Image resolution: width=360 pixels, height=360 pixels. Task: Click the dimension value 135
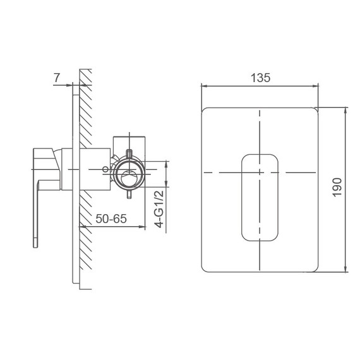[260, 78]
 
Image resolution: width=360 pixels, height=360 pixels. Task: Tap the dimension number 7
[57, 78]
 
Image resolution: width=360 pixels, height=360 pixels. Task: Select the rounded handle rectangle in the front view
[260, 196]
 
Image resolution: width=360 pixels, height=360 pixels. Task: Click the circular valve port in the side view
[129, 172]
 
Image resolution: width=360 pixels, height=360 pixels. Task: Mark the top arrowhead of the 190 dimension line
[345, 109]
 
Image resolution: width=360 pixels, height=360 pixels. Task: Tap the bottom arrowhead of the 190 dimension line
[345, 272]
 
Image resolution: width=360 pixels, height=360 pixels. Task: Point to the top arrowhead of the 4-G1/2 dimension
[165, 162]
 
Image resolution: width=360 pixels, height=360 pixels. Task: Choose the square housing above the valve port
[129, 143]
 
